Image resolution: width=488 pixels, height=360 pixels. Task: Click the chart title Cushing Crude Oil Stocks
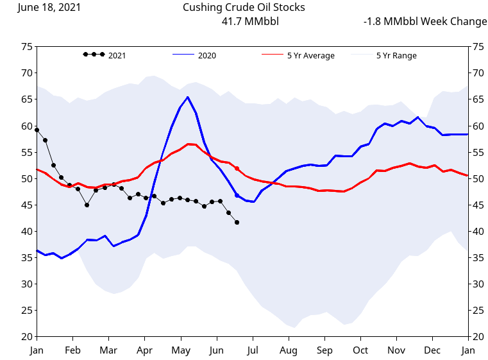(x=244, y=8)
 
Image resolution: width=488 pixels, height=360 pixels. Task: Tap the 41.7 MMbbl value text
(x=249, y=22)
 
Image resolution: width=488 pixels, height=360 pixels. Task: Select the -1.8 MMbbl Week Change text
(x=425, y=22)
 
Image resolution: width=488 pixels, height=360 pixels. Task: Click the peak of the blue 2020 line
(x=187, y=98)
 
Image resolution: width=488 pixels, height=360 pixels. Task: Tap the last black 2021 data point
(x=237, y=223)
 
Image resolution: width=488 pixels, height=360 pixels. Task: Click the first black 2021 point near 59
(x=37, y=130)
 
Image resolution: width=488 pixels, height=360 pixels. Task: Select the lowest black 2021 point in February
(x=87, y=205)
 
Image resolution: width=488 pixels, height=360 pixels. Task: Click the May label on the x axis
(x=181, y=350)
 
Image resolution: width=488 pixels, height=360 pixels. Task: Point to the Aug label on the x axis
(x=289, y=350)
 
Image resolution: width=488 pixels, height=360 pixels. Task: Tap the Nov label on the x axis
(x=396, y=350)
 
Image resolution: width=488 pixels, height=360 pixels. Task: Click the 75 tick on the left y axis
(x=26, y=47)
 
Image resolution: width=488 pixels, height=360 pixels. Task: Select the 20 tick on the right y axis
(x=477, y=337)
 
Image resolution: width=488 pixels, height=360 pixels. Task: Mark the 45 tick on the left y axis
(x=26, y=205)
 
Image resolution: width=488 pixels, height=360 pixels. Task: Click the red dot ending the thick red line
(x=237, y=169)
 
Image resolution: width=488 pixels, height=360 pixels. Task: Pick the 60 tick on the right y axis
(x=477, y=126)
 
